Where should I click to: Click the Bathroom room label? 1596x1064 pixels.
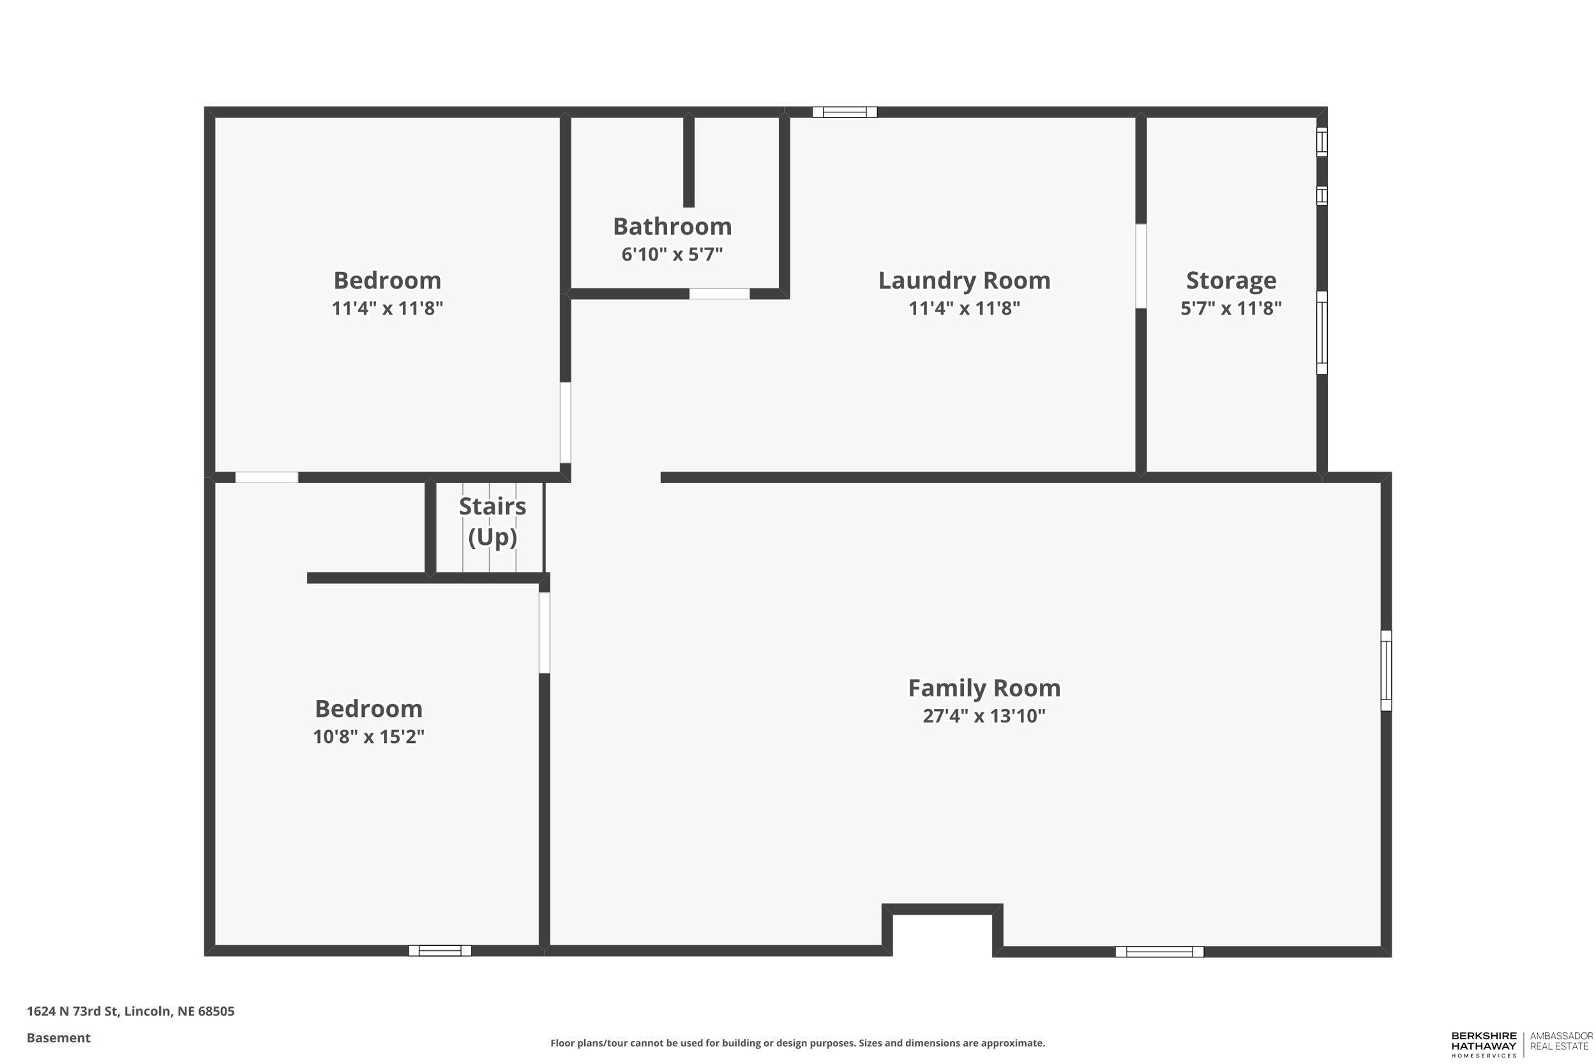(x=672, y=226)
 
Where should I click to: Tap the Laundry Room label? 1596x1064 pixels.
(x=963, y=280)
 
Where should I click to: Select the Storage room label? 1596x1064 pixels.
(x=1231, y=280)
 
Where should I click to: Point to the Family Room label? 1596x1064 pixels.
(x=984, y=687)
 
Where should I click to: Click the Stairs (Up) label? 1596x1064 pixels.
(x=492, y=521)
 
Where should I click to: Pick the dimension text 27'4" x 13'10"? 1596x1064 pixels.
(x=984, y=716)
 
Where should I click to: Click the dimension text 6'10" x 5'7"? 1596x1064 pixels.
(x=672, y=255)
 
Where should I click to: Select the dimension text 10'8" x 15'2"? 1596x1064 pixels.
(x=368, y=737)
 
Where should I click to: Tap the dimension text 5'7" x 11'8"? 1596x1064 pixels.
(x=1231, y=309)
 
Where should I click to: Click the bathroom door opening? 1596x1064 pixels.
(x=719, y=294)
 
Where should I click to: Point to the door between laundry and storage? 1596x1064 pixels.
(x=1141, y=266)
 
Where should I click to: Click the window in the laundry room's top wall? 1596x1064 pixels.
(x=844, y=112)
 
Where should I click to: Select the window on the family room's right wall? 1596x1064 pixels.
(x=1387, y=670)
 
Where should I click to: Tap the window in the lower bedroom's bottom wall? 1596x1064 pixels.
(x=440, y=950)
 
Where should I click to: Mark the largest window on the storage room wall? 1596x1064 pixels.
(x=1322, y=333)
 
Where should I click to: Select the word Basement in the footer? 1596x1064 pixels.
(x=58, y=1038)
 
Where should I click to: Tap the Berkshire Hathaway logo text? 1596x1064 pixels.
(x=1484, y=1044)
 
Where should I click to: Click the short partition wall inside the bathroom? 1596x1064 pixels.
(x=688, y=161)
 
